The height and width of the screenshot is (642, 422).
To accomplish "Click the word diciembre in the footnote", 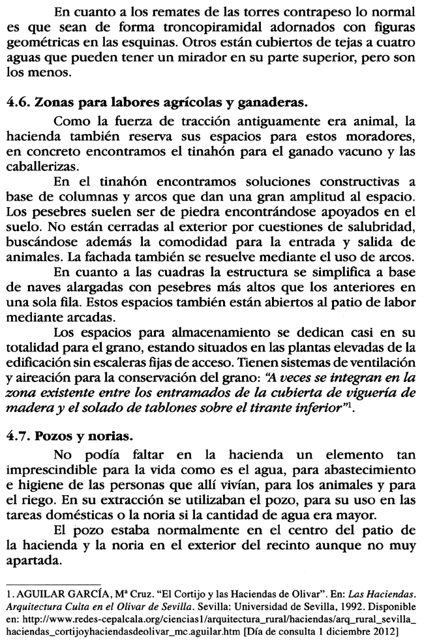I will point(362,634).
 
